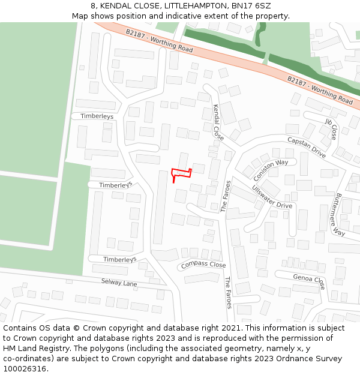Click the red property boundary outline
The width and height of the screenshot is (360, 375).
181,173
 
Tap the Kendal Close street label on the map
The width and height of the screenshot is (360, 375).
218,123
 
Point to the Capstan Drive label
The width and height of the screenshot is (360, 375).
306,147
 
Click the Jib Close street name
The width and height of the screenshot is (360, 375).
331,128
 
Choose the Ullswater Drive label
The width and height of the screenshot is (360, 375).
272,197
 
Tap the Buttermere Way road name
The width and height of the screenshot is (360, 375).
340,214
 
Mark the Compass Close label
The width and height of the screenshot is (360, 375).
203,265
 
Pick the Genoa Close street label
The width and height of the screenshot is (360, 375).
309,280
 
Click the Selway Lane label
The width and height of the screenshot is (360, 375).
119,283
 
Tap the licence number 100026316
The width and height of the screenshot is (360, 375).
25,369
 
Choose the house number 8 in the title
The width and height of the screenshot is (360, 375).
94,6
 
